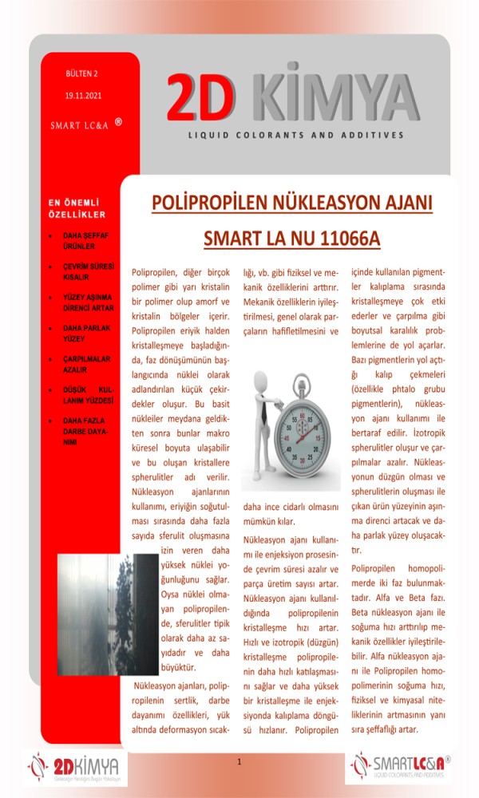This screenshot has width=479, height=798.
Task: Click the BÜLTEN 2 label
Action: (82, 74)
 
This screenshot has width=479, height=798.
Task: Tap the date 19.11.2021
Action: (83, 97)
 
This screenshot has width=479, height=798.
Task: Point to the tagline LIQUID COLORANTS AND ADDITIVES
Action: (296, 136)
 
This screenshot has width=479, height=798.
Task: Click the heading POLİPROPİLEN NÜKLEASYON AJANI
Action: (291, 203)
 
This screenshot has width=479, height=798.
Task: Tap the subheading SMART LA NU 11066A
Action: (291, 239)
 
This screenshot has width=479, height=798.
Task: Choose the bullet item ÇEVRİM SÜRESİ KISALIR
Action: (88, 271)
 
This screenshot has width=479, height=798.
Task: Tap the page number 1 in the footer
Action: (239, 764)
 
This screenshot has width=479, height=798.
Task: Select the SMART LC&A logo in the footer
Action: (399, 768)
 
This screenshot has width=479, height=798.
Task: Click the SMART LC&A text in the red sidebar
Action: (79, 125)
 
